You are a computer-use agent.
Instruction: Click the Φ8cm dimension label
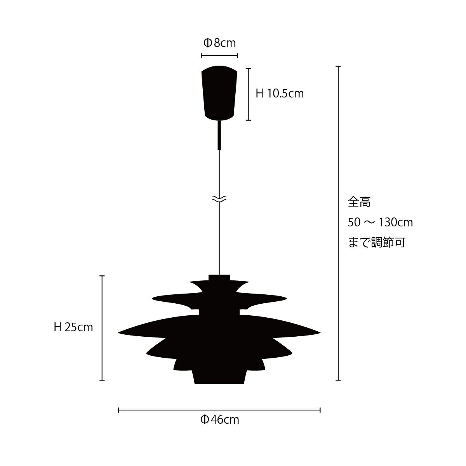(x=219, y=43)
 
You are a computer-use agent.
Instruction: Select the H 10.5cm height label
(x=280, y=94)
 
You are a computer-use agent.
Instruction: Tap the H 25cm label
(x=73, y=327)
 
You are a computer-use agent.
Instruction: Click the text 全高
(x=359, y=202)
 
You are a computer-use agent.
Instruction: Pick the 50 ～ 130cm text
(x=381, y=222)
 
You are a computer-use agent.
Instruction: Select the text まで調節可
(x=377, y=243)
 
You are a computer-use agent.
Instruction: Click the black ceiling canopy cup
(x=219, y=93)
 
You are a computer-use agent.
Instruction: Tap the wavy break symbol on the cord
(x=219, y=199)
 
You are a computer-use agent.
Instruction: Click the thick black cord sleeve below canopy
(x=219, y=135)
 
